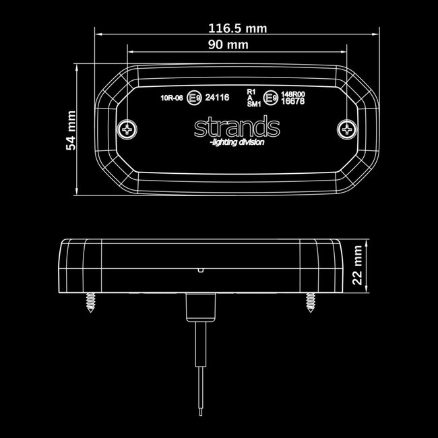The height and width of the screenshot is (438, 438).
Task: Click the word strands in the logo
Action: click(236, 127)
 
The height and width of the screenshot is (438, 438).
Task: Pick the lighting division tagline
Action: click(237, 142)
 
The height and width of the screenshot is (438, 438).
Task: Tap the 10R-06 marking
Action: click(172, 98)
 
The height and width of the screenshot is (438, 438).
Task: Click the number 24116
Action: click(217, 98)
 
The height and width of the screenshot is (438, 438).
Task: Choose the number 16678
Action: click(293, 101)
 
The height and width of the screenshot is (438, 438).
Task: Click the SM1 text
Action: click(253, 104)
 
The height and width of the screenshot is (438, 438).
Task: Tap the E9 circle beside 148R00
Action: click(270, 98)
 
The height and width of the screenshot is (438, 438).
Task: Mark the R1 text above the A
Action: click(251, 90)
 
